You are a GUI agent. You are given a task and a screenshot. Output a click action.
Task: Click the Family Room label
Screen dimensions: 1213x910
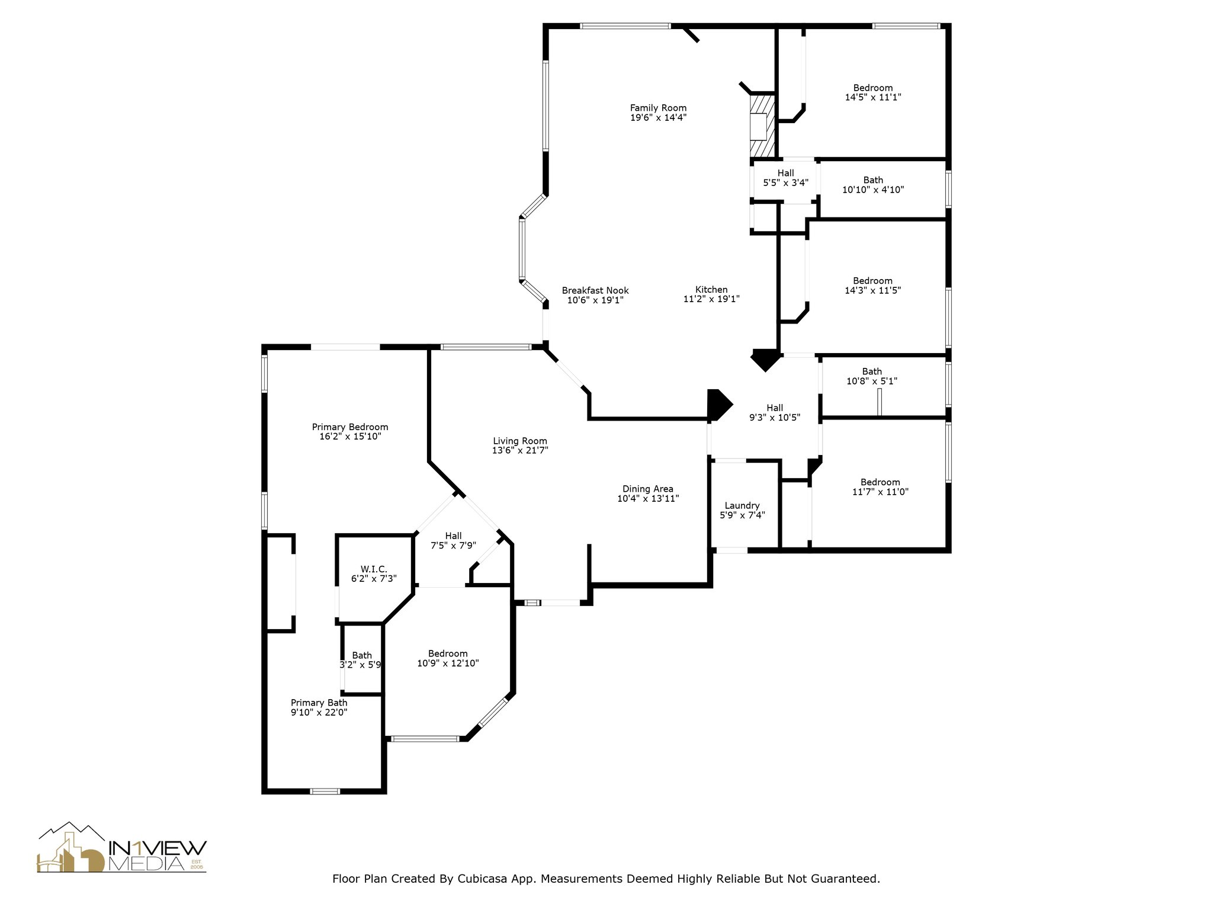point(658,108)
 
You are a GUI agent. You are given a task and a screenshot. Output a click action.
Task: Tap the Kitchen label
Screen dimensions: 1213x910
point(711,290)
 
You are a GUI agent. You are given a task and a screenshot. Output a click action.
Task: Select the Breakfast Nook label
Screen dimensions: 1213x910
point(595,290)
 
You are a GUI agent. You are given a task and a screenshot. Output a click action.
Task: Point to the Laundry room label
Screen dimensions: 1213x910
point(742,506)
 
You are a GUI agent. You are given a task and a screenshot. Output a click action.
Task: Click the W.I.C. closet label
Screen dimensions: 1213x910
point(374,569)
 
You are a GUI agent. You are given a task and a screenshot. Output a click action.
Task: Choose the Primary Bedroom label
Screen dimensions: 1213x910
point(350,427)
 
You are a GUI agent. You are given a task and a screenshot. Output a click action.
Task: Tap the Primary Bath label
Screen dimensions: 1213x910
point(319,703)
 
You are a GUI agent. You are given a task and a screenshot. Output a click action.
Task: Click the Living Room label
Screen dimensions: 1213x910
point(520,441)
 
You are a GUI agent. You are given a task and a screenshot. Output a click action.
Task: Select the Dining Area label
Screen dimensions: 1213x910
point(648,489)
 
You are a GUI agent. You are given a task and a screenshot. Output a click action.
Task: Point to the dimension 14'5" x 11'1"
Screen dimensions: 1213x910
point(873,97)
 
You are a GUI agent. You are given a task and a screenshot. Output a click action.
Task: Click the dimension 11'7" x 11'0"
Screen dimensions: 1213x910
point(880,492)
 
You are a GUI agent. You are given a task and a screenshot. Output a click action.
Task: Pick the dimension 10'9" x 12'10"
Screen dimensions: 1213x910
point(448,664)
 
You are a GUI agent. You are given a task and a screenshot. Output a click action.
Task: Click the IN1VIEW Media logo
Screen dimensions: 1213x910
point(122,848)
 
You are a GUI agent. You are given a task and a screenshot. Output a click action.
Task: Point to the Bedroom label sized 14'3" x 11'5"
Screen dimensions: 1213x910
point(872,281)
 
